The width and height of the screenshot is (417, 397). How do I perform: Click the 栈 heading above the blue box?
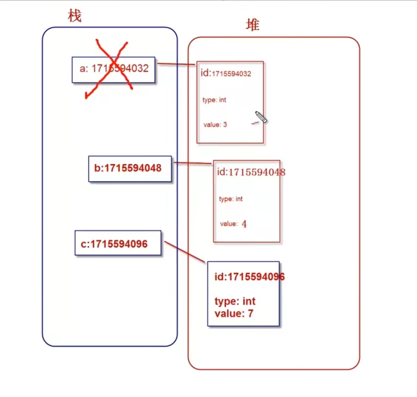pyautogui.click(x=75, y=16)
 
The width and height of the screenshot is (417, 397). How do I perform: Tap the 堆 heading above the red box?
pyautogui.click(x=252, y=25)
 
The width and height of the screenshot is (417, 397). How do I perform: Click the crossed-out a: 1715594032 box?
pyautogui.click(x=113, y=69)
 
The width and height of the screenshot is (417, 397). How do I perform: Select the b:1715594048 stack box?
pyautogui.click(x=130, y=168)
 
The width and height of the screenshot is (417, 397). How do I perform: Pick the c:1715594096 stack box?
pyautogui.click(x=118, y=243)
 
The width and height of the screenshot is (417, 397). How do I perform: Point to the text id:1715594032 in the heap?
pyautogui.click(x=226, y=73)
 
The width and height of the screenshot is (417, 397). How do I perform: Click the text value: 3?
pyautogui.click(x=215, y=125)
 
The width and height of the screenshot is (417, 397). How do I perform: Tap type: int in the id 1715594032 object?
pyautogui.click(x=214, y=100)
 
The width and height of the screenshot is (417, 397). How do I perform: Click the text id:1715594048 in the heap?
pyautogui.click(x=251, y=172)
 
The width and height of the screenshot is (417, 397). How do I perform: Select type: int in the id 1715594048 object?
pyautogui.click(x=231, y=199)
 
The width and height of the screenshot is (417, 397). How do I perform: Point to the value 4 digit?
pyautogui.click(x=244, y=224)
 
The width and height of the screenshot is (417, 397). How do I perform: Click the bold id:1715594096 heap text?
pyautogui.click(x=249, y=276)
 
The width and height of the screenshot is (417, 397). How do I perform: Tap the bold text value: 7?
pyautogui.click(x=234, y=314)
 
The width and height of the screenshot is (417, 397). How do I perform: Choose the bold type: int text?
pyautogui.click(x=235, y=301)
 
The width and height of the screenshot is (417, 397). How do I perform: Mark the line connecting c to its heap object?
pyautogui.click(x=185, y=252)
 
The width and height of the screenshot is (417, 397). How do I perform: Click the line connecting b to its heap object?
pyautogui.click(x=193, y=163)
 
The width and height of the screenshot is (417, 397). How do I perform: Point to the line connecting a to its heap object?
pyautogui.click(x=176, y=65)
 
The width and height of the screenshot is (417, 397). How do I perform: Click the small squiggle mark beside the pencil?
pyautogui.click(x=255, y=123)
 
